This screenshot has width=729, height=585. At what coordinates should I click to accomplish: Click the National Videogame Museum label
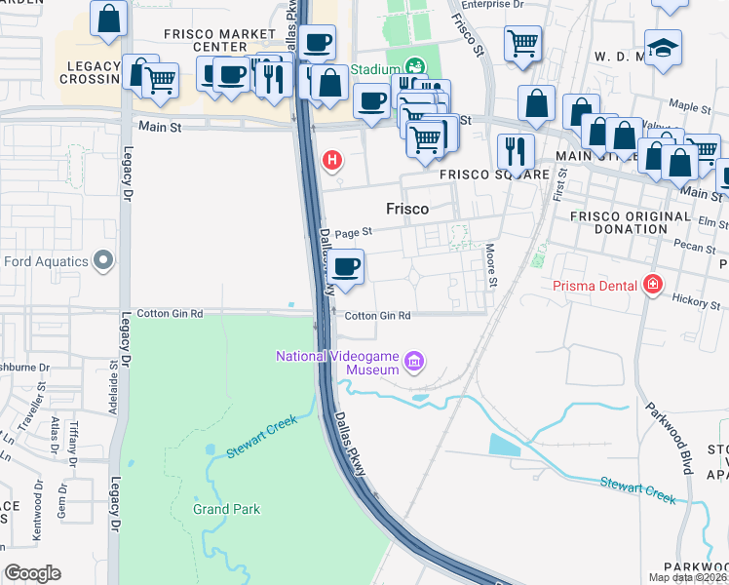pos(337,363)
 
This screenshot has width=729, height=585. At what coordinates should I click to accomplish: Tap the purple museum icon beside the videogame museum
pos(415,363)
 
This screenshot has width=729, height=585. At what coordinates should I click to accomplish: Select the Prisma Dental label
pos(595,286)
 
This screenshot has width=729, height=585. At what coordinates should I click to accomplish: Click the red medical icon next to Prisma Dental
pos(652,286)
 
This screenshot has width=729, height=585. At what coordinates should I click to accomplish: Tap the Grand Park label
pos(226,509)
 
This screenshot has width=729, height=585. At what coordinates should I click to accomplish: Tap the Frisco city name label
pos(407,209)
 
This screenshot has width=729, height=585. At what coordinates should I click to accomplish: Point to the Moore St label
pos(493,266)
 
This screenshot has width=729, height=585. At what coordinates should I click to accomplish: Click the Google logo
pos(32,573)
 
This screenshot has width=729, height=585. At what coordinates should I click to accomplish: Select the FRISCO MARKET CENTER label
pos(219,40)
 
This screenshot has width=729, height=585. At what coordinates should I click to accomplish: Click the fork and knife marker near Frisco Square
pos(515,150)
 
